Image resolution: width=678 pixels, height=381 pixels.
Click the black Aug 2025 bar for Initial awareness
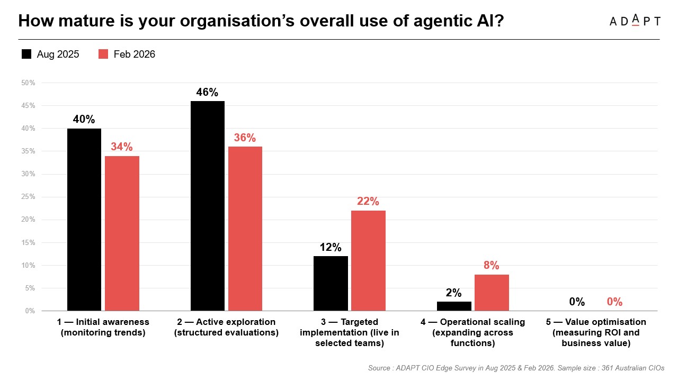(84, 220)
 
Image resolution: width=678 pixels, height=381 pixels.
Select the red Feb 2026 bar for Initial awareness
(122, 233)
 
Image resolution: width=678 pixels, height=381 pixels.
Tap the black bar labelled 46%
(207, 206)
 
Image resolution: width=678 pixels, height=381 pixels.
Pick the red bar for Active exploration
(245, 229)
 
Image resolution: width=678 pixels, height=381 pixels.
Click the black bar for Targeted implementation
(331, 283)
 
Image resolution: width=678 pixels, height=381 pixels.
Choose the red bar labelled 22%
(368, 260)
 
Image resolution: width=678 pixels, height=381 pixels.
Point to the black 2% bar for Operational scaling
(454, 306)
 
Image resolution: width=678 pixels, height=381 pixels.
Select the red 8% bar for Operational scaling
(492, 292)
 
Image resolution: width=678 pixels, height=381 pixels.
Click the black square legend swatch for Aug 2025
(26, 54)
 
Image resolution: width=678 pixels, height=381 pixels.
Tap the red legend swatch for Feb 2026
(103, 54)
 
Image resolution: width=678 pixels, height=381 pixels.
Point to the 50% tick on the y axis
(28, 83)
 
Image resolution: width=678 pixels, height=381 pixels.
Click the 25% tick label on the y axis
(28, 197)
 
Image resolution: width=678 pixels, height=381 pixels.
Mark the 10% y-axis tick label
(28, 265)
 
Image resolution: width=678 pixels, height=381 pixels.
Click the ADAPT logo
(635, 21)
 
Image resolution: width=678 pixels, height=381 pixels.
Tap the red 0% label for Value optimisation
(614, 302)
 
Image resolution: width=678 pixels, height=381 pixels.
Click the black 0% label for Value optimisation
(577, 302)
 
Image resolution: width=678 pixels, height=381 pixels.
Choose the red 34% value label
(122, 147)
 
